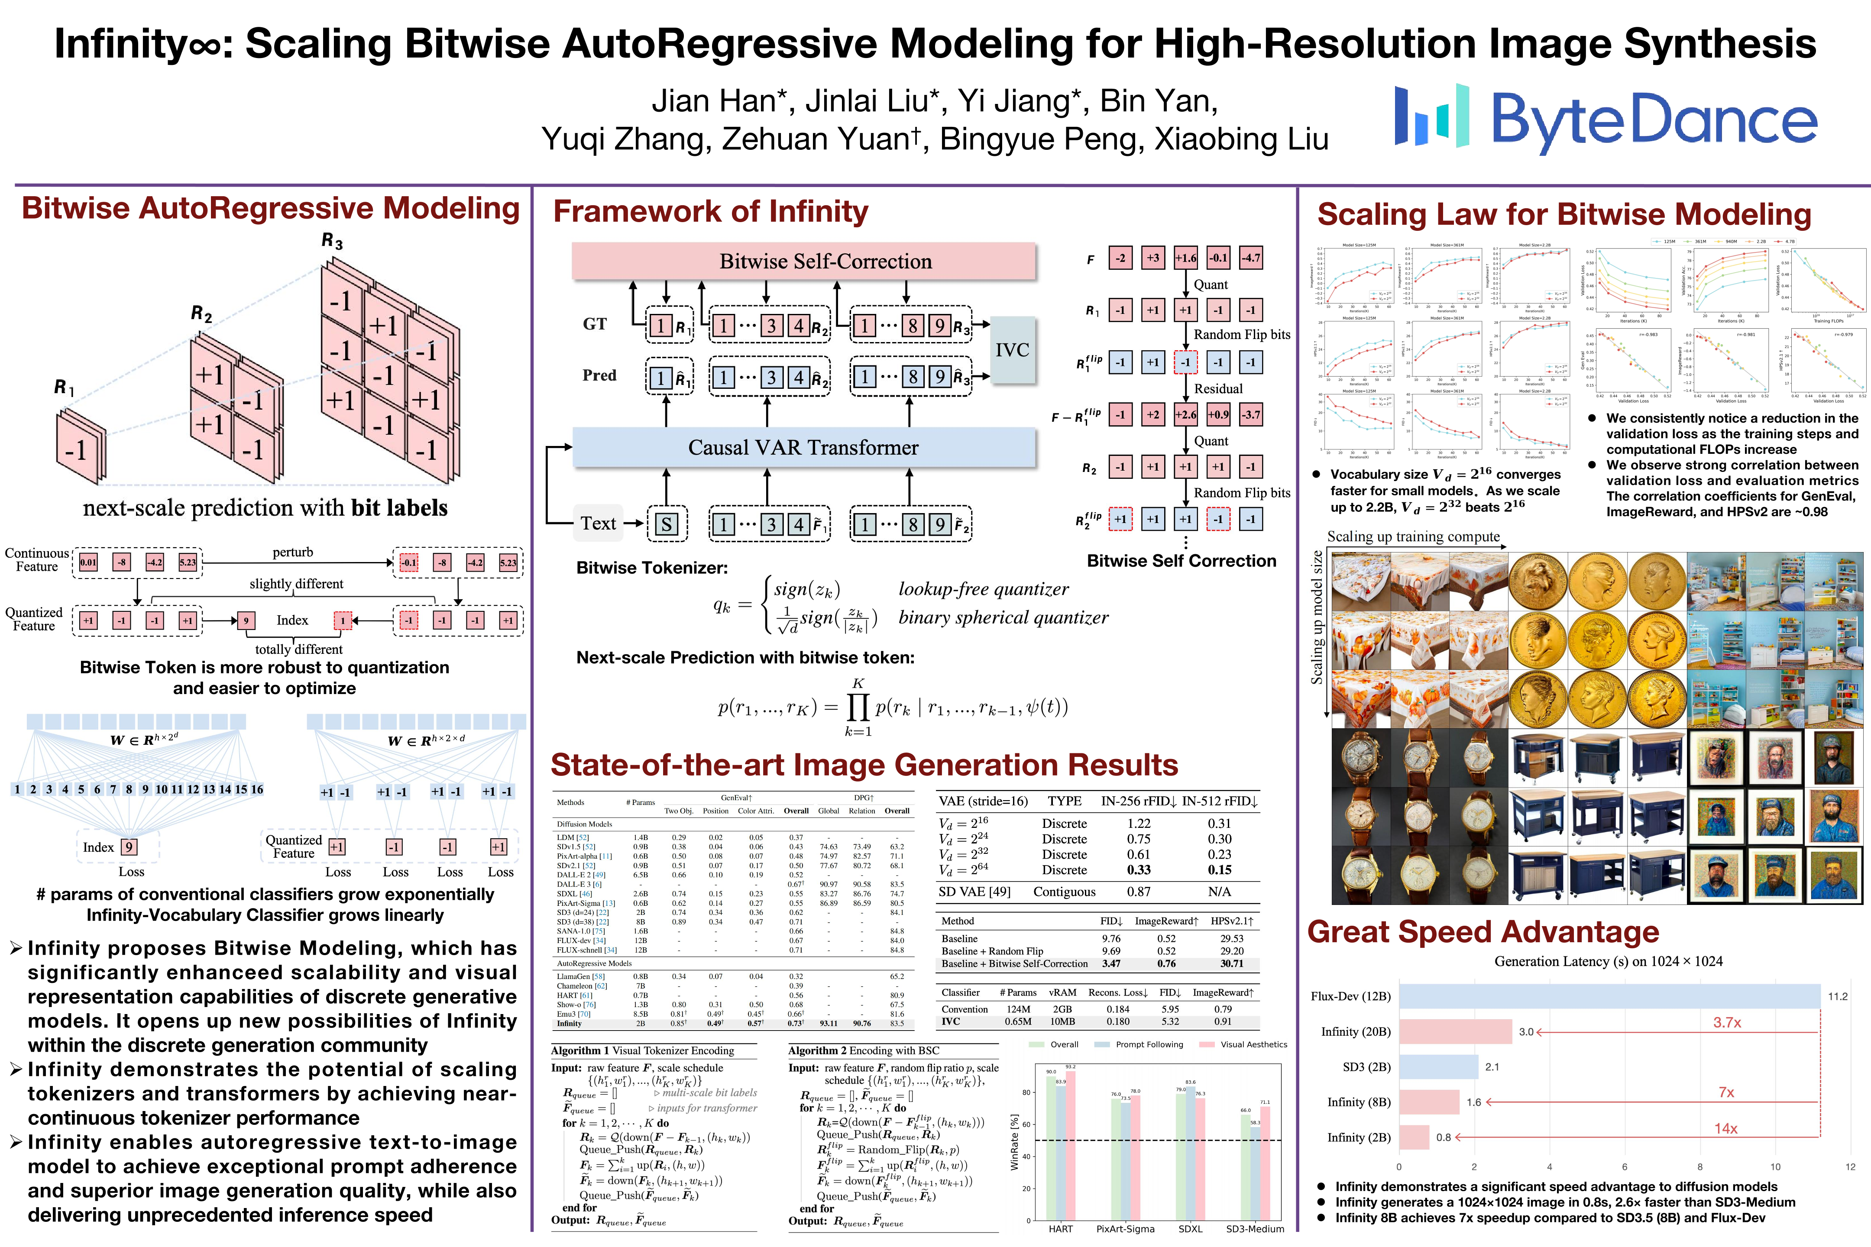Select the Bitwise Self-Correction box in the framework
pos(803,261)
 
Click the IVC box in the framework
pos(1012,350)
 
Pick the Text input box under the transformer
pos(598,523)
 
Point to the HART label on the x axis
pos(1060,1229)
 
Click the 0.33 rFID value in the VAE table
pos(1138,870)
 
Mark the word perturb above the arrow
pos(293,552)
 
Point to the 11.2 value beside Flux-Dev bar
pos(1838,996)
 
